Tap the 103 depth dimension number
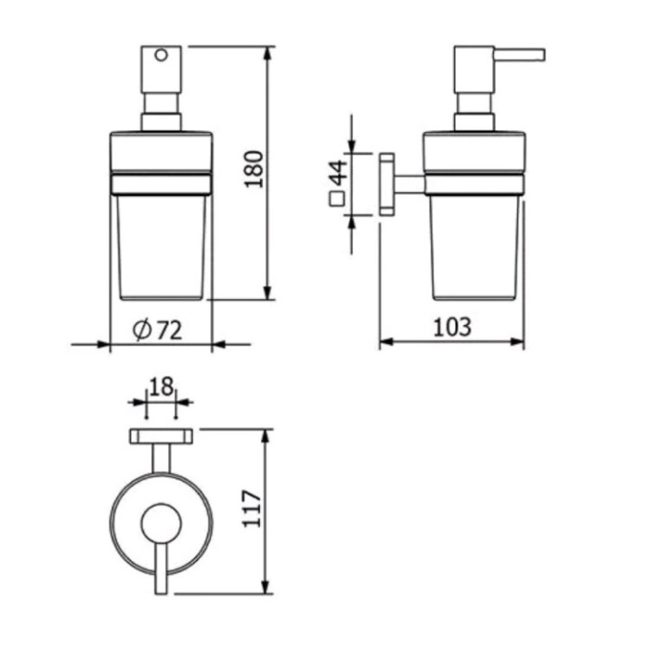point(451,327)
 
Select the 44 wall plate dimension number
point(338,171)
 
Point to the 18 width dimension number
point(161,387)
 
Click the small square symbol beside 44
point(338,200)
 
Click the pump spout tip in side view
point(540,54)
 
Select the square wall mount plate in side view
point(386,184)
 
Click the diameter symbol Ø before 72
point(142,330)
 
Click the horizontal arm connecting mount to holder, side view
point(410,184)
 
